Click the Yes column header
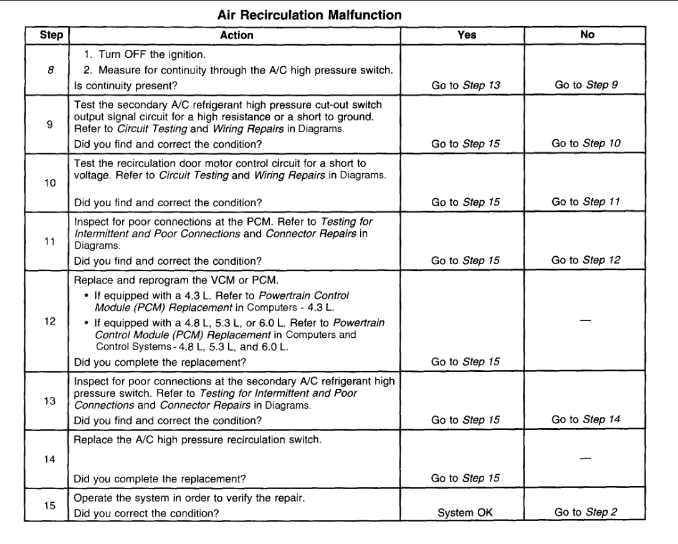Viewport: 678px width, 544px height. coord(467,36)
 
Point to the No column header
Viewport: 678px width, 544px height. coord(586,36)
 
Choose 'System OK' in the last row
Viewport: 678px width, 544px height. coord(467,513)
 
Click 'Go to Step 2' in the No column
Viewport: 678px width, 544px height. coord(586,513)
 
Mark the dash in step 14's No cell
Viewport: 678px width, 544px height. coord(586,457)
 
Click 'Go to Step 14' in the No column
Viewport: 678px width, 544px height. coord(586,421)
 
